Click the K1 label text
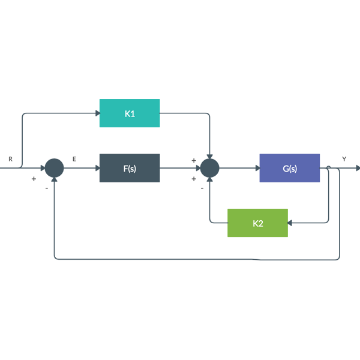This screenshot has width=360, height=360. click(130, 113)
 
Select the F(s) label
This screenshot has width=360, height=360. click(130, 169)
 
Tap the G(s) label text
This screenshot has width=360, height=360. click(290, 169)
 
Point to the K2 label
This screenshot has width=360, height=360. click(258, 223)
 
